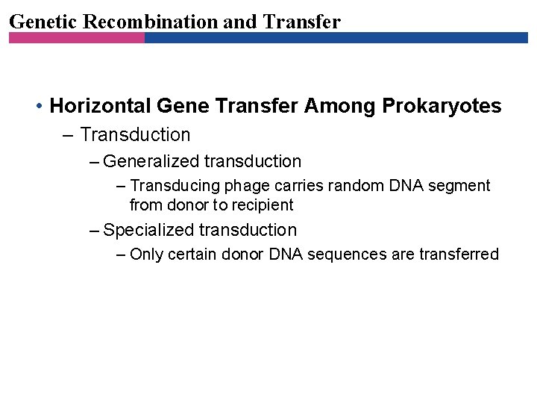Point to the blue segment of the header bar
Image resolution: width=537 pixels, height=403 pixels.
pyautogui.click(x=336, y=37)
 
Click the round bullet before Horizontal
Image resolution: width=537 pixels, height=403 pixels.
pyautogui.click(x=38, y=107)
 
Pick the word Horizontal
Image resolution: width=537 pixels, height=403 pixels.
pyautogui.click(x=92, y=106)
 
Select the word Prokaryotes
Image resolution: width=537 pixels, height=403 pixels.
pyautogui.click(x=442, y=106)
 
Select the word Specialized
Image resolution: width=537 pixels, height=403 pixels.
pyautogui.click(x=148, y=230)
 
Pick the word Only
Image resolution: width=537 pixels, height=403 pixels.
pyautogui.click(x=146, y=254)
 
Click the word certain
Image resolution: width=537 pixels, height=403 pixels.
pyautogui.click(x=192, y=254)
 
